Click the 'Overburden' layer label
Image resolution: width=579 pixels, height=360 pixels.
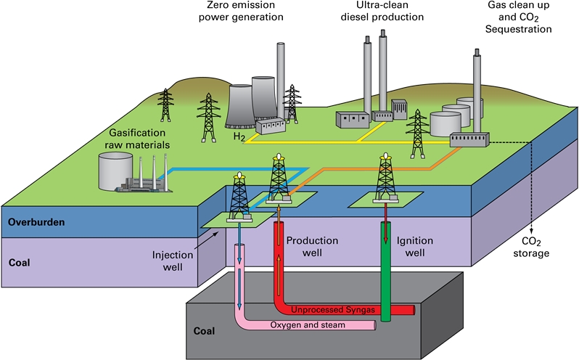[x=36, y=222]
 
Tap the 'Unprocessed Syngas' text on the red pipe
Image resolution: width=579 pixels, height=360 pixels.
[x=333, y=309]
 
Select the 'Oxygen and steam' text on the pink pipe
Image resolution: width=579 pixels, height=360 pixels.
[x=308, y=325]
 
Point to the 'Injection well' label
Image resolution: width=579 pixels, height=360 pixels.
[x=173, y=261]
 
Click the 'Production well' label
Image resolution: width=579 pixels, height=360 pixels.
[x=312, y=247]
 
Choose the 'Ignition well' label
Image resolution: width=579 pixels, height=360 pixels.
[x=415, y=247]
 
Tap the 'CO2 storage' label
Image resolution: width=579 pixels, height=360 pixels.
[x=531, y=247]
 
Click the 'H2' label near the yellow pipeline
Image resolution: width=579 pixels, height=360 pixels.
[x=239, y=137]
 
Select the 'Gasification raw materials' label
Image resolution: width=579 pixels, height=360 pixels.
[x=137, y=139]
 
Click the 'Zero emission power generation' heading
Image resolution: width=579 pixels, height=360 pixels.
[x=241, y=11]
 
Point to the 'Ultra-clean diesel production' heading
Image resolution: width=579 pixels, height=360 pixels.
[x=382, y=11]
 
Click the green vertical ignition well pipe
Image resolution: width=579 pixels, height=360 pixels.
[x=386, y=271]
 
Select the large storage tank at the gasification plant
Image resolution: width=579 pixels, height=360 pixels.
[x=115, y=171]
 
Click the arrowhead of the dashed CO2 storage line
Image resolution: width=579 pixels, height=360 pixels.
[x=531, y=231]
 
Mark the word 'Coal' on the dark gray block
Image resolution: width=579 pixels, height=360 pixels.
[x=204, y=331]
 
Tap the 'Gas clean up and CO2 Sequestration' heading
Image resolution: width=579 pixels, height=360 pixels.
[x=519, y=17]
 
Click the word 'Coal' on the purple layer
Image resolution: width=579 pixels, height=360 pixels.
[x=19, y=263]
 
